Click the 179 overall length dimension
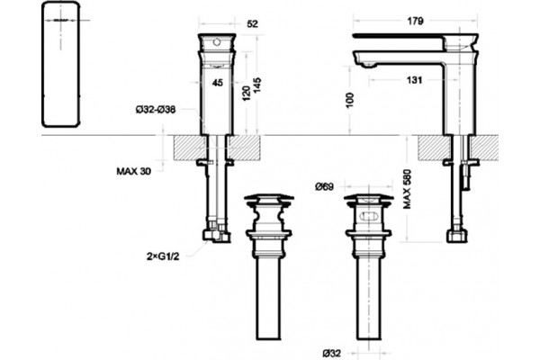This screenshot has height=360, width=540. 415,21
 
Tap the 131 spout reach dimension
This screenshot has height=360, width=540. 414,80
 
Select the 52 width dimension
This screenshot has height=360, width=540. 252,23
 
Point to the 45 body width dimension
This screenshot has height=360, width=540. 217,83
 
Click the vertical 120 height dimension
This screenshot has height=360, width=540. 247,94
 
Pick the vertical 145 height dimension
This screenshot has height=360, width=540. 257,85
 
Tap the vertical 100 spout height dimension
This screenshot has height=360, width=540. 349,100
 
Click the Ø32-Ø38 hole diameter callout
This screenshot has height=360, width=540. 156,110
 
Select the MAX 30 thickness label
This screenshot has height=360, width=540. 134,171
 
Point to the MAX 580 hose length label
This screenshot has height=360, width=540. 407,189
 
